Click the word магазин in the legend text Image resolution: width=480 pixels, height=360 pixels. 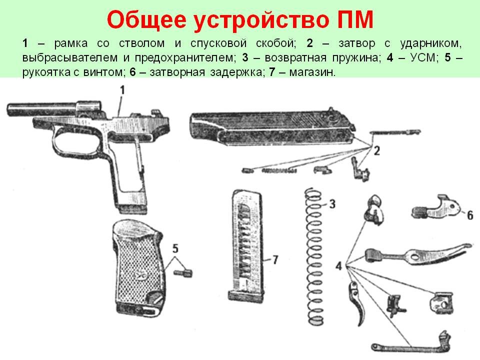click(x=312, y=72)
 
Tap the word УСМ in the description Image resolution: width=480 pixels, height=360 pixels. click(x=422, y=57)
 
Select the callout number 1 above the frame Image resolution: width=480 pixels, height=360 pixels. click(x=122, y=90)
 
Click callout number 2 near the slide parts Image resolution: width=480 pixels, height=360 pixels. click(x=376, y=150)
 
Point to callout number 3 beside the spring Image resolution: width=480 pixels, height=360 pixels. click(x=332, y=204)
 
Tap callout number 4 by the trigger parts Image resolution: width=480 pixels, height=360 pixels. click(x=338, y=265)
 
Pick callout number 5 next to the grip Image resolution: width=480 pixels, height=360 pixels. click(x=175, y=248)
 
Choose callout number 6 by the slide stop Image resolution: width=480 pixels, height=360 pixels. click(x=470, y=215)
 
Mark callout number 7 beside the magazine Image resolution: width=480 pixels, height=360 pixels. click(x=275, y=260)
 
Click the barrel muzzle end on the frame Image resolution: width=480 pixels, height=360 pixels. click(x=10, y=110)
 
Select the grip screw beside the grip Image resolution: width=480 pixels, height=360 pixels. click(x=183, y=273)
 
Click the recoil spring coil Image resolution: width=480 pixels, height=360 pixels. click(x=314, y=256)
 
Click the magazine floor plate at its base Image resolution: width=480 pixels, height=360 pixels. click(x=245, y=296)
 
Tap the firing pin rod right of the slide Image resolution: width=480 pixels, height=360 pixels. click(x=395, y=132)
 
